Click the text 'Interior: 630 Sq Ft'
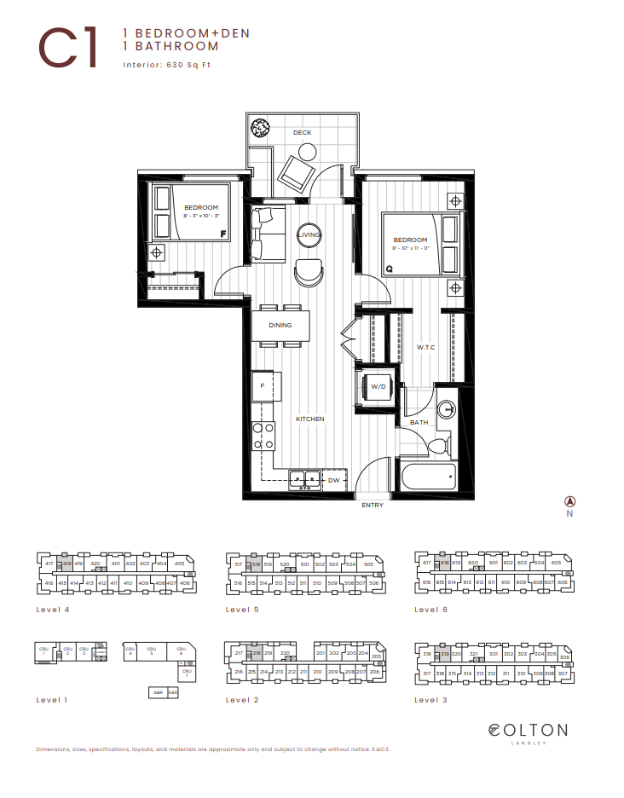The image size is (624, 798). click(x=167, y=64)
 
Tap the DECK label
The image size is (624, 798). click(x=302, y=133)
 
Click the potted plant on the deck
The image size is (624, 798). click(x=260, y=129)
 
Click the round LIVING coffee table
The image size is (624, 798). click(x=309, y=235)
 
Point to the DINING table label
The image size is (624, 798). click(x=280, y=325)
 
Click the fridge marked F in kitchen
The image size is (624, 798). click(x=263, y=387)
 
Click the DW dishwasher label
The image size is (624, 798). click(x=334, y=481)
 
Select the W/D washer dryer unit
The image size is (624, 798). click(x=378, y=387)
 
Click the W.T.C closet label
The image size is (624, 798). click(x=426, y=347)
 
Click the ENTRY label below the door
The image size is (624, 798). click(x=373, y=506)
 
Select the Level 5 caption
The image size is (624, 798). click(x=242, y=610)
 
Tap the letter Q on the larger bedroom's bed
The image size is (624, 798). click(x=390, y=269)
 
